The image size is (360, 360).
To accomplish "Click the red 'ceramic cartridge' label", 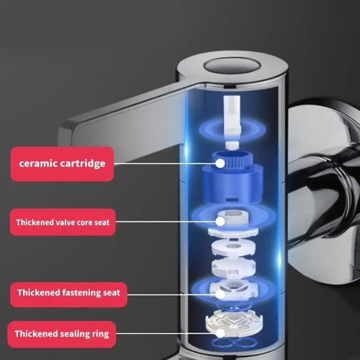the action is tap(62, 163).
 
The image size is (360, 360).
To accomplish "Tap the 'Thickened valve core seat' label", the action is tap(63, 222).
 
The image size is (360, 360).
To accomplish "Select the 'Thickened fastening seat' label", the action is tap(68, 292).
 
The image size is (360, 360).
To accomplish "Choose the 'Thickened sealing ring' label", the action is tap(62, 334).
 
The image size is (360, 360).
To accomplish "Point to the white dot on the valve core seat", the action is tap(220, 221).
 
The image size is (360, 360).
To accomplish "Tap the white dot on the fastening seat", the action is tap(220, 294).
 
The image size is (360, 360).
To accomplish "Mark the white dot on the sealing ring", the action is tap(220, 333).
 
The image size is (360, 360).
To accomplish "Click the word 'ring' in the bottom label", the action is tap(99, 334).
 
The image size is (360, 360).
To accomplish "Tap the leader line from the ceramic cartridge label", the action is tap(166, 164).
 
